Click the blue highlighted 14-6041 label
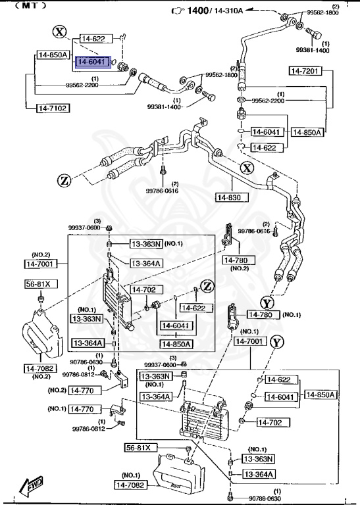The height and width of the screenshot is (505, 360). (91, 62)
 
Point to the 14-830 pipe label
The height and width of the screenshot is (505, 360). (228, 196)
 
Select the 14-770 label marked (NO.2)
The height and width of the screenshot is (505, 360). (82, 390)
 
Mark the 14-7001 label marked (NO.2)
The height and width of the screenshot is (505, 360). (41, 263)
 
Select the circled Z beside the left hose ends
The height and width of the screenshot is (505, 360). (63, 180)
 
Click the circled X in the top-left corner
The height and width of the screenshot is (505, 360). (61, 32)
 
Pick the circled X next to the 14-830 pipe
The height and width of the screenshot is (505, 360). (246, 168)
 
